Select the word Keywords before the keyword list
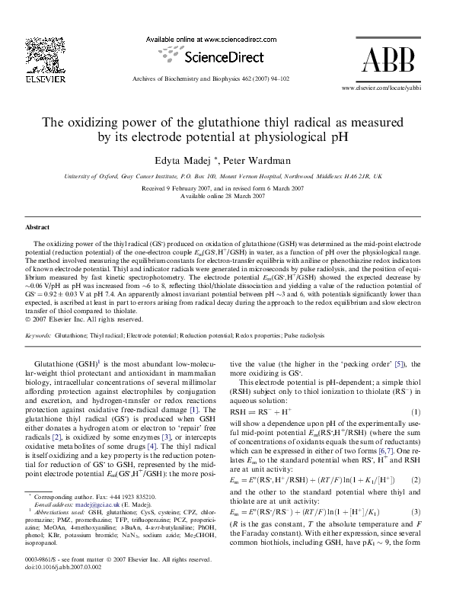38,335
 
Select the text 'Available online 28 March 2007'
227,196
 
